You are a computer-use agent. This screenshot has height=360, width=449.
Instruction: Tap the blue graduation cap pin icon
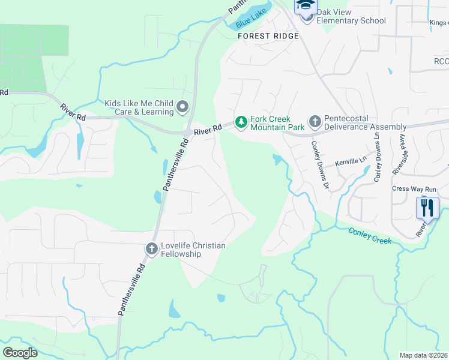[x=306, y=6]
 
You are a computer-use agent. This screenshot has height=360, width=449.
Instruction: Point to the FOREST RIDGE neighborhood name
[x=268, y=36]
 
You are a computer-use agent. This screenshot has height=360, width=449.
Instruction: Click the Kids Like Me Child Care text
[x=139, y=107]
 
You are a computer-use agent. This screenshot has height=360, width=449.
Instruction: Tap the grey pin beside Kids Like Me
[x=182, y=107]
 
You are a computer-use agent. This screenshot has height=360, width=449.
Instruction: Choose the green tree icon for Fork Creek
[x=241, y=122]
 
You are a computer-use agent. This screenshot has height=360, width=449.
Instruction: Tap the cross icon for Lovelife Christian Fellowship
[x=152, y=248]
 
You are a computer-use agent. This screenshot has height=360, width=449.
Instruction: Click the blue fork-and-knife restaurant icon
[x=427, y=208]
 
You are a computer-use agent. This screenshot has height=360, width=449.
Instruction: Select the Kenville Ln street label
[x=350, y=161]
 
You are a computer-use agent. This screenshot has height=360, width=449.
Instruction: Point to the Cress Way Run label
[x=414, y=188]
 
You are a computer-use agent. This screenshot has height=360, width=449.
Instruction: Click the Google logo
[x=20, y=353]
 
